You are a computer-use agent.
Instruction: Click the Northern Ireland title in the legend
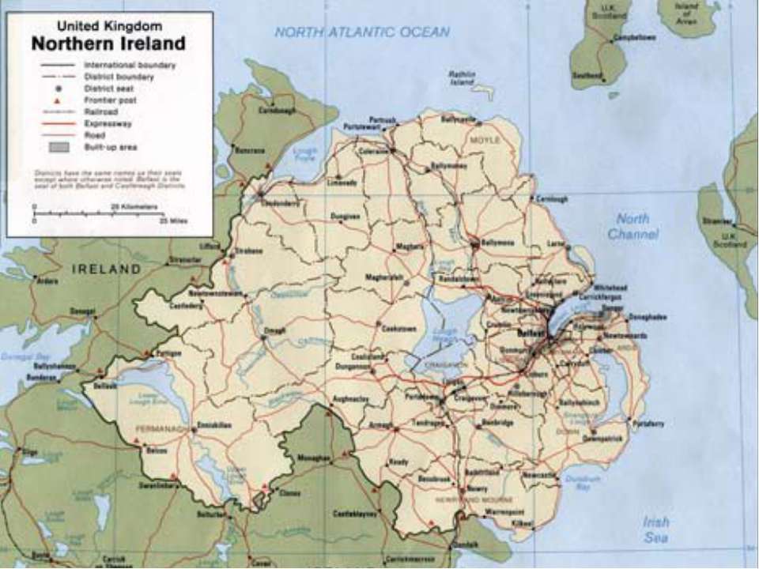[109, 43]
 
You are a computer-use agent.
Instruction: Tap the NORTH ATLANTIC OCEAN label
[362, 32]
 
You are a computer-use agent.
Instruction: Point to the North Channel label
[632, 227]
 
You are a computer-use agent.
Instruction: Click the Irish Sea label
[656, 529]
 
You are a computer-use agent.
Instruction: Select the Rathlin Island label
[462, 77]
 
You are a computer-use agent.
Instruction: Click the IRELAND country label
[106, 269]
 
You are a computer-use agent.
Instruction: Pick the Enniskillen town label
[215, 425]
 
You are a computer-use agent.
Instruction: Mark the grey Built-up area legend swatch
[59, 147]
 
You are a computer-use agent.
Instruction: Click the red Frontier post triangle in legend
[59, 100]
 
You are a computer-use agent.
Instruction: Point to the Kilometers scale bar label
[134, 206]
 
